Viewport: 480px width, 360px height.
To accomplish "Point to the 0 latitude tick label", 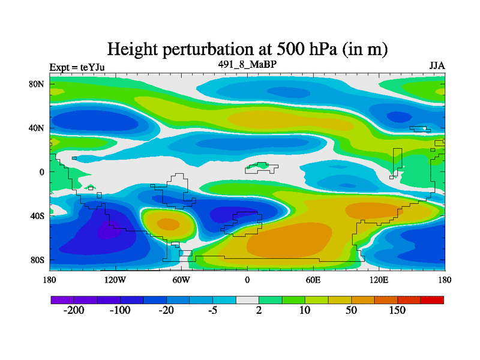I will (43, 172).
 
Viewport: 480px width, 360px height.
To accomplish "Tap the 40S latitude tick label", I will (38, 215).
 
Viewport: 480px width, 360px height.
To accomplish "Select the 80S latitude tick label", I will (38, 260).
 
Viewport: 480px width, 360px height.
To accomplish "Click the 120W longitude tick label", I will (116, 280).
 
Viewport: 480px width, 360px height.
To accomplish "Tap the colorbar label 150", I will (397, 310).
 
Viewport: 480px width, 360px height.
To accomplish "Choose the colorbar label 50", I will (350, 310).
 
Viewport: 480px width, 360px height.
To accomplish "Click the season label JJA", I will (437, 66).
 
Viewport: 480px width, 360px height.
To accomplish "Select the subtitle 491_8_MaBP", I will (247, 63).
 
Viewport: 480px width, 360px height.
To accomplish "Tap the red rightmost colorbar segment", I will (432, 299).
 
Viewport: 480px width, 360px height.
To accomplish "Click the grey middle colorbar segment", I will (247, 299).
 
